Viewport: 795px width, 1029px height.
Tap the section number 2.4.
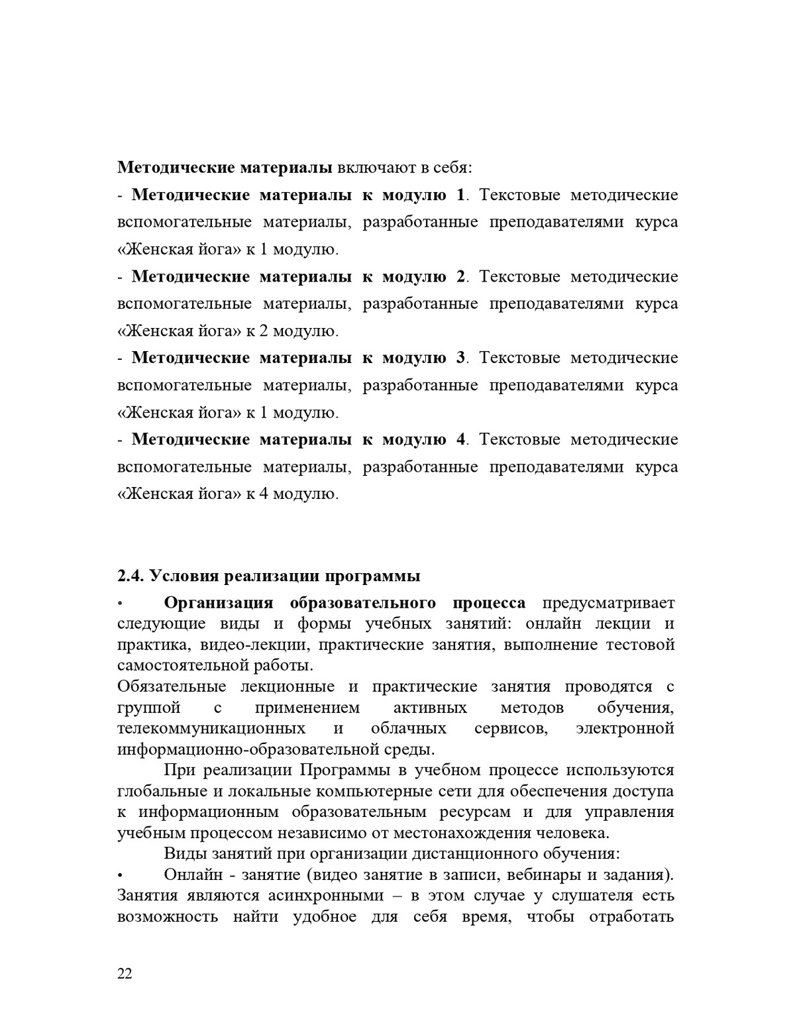[x=131, y=576]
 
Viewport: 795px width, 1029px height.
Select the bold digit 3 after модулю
[x=460, y=358]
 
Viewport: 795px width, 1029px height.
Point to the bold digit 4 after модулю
[x=460, y=439]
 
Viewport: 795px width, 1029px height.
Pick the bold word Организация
[x=219, y=603]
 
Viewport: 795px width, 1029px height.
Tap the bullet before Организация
[x=121, y=604]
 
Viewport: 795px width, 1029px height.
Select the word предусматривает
[x=608, y=603]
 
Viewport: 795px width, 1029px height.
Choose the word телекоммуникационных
[x=211, y=728]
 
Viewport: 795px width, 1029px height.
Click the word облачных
[x=409, y=728]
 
